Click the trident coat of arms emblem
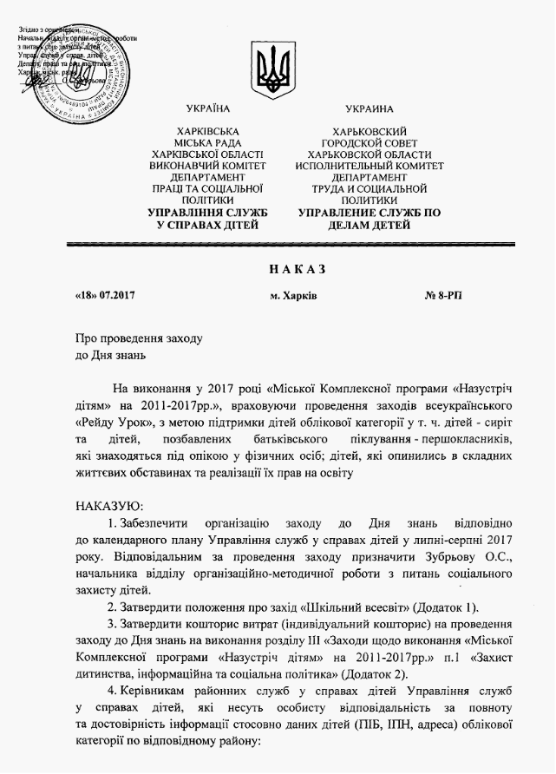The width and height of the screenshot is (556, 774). coord(277,65)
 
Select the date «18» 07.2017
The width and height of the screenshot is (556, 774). coord(105,296)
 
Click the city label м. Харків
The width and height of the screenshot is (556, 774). coord(293,296)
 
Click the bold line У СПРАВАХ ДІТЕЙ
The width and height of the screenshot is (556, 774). coord(208,225)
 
